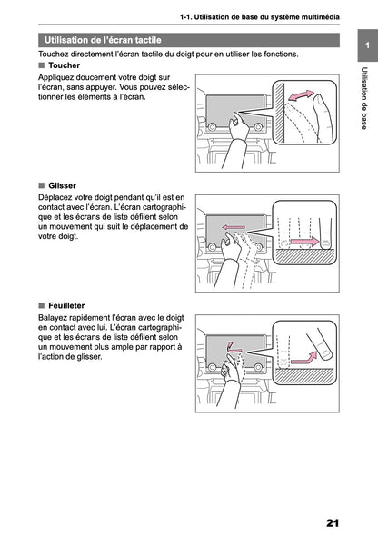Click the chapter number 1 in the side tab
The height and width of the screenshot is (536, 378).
[x=363, y=45]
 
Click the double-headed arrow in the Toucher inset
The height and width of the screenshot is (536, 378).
[x=300, y=95]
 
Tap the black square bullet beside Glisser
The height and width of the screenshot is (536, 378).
[x=42, y=185]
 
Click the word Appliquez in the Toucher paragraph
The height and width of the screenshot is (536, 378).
[x=58, y=79]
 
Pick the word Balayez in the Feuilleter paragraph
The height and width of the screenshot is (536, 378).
[x=55, y=318]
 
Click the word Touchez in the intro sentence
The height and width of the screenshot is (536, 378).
[x=56, y=55]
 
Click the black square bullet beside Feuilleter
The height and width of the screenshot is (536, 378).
[x=42, y=305]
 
